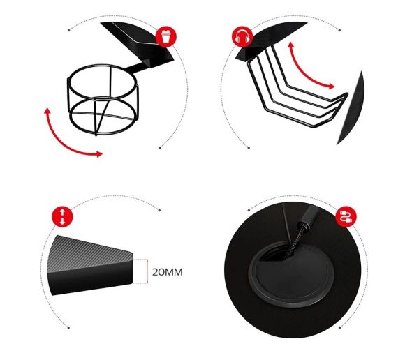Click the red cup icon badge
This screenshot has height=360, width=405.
166,37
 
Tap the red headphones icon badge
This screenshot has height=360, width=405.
242,37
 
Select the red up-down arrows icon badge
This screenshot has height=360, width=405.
63,217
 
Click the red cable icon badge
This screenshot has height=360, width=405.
346,217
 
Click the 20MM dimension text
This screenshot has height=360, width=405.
168,272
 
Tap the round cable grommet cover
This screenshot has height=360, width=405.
291,274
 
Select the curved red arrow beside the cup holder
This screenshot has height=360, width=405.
64,142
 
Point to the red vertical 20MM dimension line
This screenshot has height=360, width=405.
147,271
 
